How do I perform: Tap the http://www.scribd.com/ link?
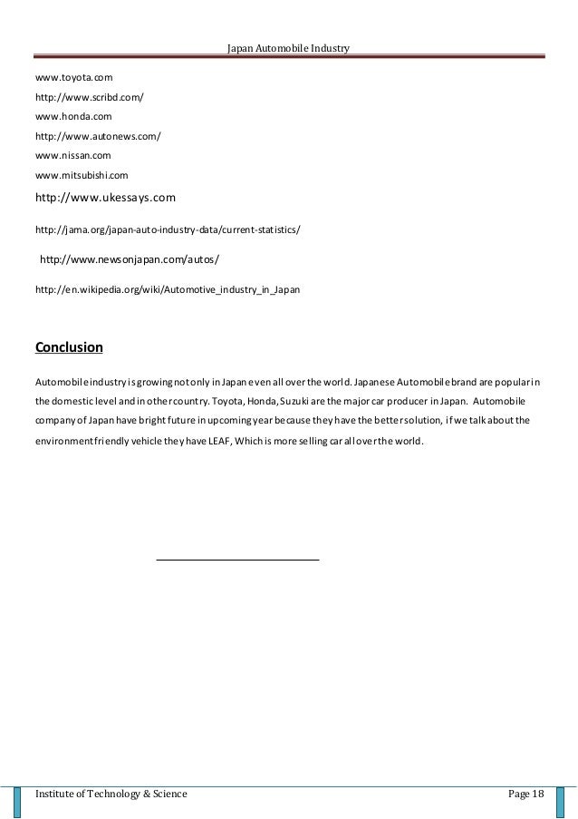(89, 98)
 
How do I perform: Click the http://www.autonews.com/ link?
(98, 136)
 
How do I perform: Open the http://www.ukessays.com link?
(104, 196)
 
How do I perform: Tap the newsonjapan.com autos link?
(130, 259)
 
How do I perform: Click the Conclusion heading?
(68, 347)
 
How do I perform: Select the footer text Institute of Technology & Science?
(111, 795)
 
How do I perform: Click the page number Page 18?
(525, 795)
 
